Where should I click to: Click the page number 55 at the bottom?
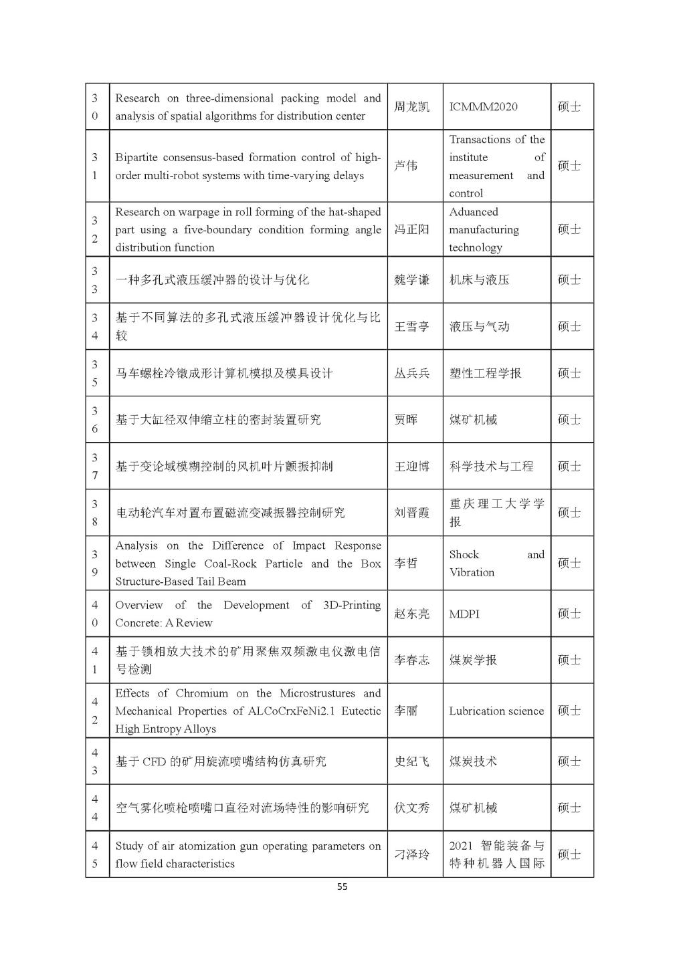(x=342, y=887)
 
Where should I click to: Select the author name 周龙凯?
(x=411, y=107)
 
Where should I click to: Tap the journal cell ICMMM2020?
(x=483, y=107)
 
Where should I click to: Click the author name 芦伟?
(x=405, y=166)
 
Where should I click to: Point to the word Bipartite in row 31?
(x=136, y=158)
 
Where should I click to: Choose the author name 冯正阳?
(x=411, y=229)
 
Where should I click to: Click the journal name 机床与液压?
(x=479, y=279)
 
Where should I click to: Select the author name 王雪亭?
(x=411, y=326)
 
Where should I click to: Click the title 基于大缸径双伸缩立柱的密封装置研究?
(x=218, y=420)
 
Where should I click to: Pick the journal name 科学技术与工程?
(x=491, y=466)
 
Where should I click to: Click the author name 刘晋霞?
(x=411, y=513)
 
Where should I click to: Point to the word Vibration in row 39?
(x=472, y=573)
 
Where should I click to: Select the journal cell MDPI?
(x=464, y=614)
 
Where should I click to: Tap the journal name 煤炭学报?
(x=473, y=660)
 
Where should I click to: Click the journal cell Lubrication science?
(x=496, y=711)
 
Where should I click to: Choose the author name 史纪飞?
(x=411, y=761)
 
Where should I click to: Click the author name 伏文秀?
(x=411, y=808)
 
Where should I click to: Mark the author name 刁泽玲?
(x=411, y=854)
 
